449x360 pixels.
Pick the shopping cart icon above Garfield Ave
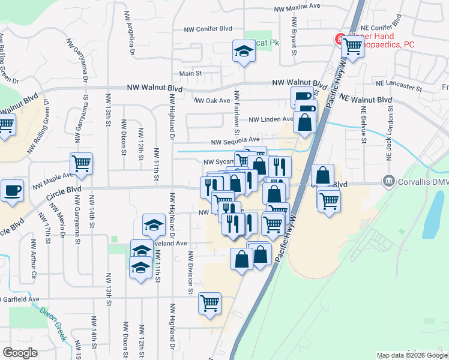pos(209,303)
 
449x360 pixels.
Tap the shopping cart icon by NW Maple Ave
pos(81,163)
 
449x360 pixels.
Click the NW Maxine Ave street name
pos(297,8)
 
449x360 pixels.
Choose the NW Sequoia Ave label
pos(235,142)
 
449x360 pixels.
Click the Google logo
pos(20,353)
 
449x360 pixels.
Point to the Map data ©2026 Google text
pos(411,355)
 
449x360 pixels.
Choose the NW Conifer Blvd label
pos(208,28)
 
